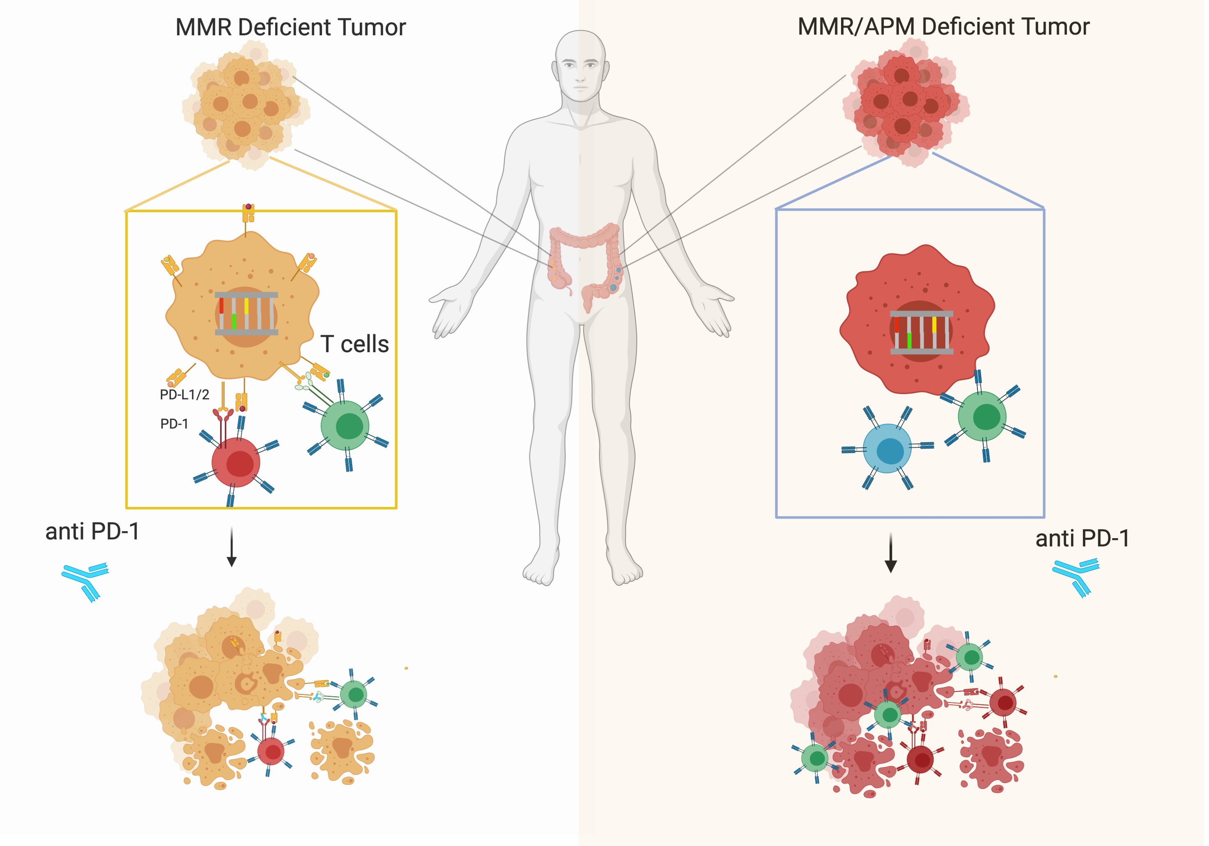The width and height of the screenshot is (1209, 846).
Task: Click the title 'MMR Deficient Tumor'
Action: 291,28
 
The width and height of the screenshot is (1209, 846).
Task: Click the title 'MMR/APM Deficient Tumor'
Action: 944,26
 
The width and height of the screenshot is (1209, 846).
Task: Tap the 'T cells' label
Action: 354,344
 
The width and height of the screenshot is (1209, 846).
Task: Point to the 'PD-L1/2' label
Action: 184,394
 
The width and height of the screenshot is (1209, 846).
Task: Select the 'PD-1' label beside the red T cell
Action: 174,424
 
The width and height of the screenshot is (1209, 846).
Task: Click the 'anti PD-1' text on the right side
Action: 1082,539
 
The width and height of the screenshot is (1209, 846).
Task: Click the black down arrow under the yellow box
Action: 231,548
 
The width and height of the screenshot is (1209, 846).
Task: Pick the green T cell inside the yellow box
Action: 345,425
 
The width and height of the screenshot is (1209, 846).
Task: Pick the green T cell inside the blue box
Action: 982,416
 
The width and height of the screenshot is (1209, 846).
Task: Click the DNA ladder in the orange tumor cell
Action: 246,313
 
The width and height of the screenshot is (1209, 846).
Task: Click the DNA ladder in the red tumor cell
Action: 922,332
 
